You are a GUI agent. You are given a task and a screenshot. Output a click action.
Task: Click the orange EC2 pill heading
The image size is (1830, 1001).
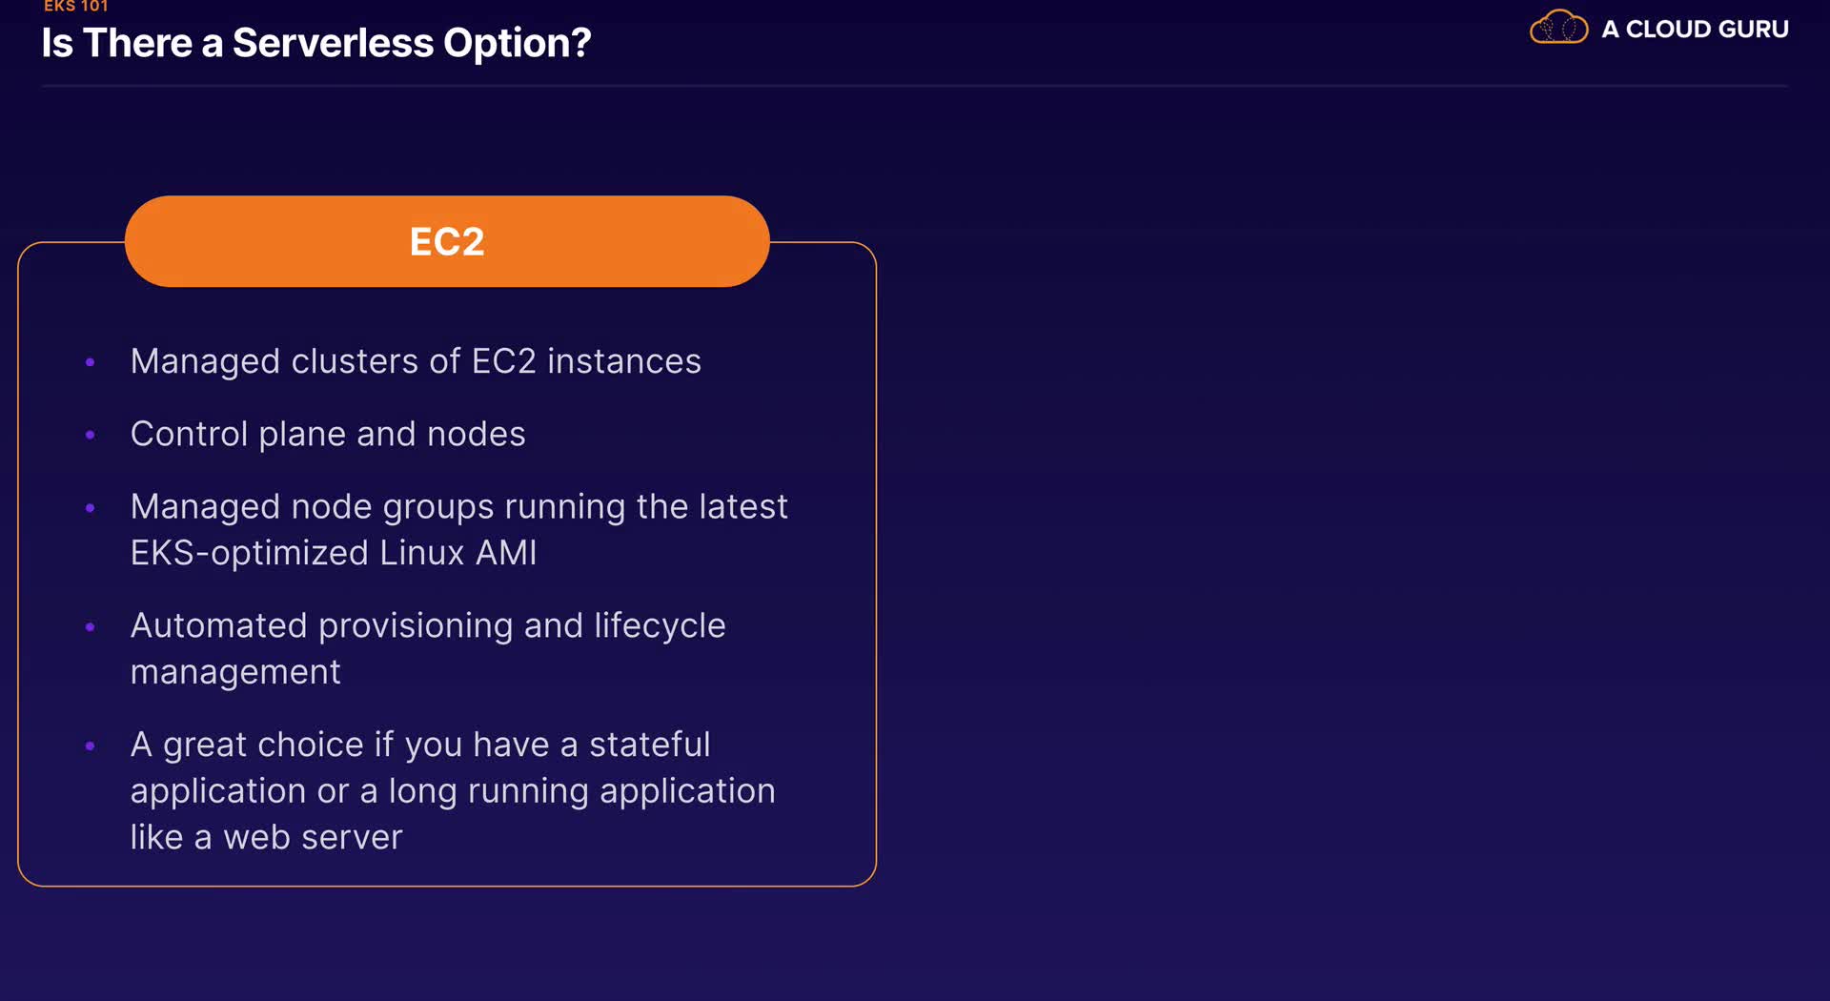[447, 241]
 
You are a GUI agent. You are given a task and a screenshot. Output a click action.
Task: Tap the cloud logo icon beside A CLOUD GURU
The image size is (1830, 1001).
[1558, 28]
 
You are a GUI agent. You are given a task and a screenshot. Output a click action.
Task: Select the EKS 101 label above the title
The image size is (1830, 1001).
[76, 6]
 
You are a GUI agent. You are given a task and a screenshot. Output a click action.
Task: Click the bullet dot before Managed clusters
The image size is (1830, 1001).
[91, 362]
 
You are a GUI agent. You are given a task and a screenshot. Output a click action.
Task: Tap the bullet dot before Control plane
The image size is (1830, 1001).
[91, 435]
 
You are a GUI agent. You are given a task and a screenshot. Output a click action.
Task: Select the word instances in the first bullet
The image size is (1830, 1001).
[624, 361]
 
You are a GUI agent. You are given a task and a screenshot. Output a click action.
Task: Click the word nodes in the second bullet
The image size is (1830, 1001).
[477, 434]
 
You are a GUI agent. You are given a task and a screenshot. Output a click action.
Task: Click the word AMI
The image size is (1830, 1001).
[506, 553]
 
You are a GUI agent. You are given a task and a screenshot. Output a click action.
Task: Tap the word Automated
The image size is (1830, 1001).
[219, 625]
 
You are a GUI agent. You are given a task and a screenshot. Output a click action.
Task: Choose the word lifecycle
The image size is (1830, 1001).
[660, 626]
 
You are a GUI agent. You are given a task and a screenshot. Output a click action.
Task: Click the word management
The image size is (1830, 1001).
[235, 672]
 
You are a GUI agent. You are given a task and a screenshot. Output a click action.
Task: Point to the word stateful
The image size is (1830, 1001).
[650, 744]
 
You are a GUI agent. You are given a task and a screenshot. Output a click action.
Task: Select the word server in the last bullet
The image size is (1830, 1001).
[353, 837]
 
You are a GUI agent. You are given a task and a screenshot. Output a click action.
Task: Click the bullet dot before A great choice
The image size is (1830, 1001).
[91, 746]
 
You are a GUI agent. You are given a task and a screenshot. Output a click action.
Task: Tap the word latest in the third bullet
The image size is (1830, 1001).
[743, 506]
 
